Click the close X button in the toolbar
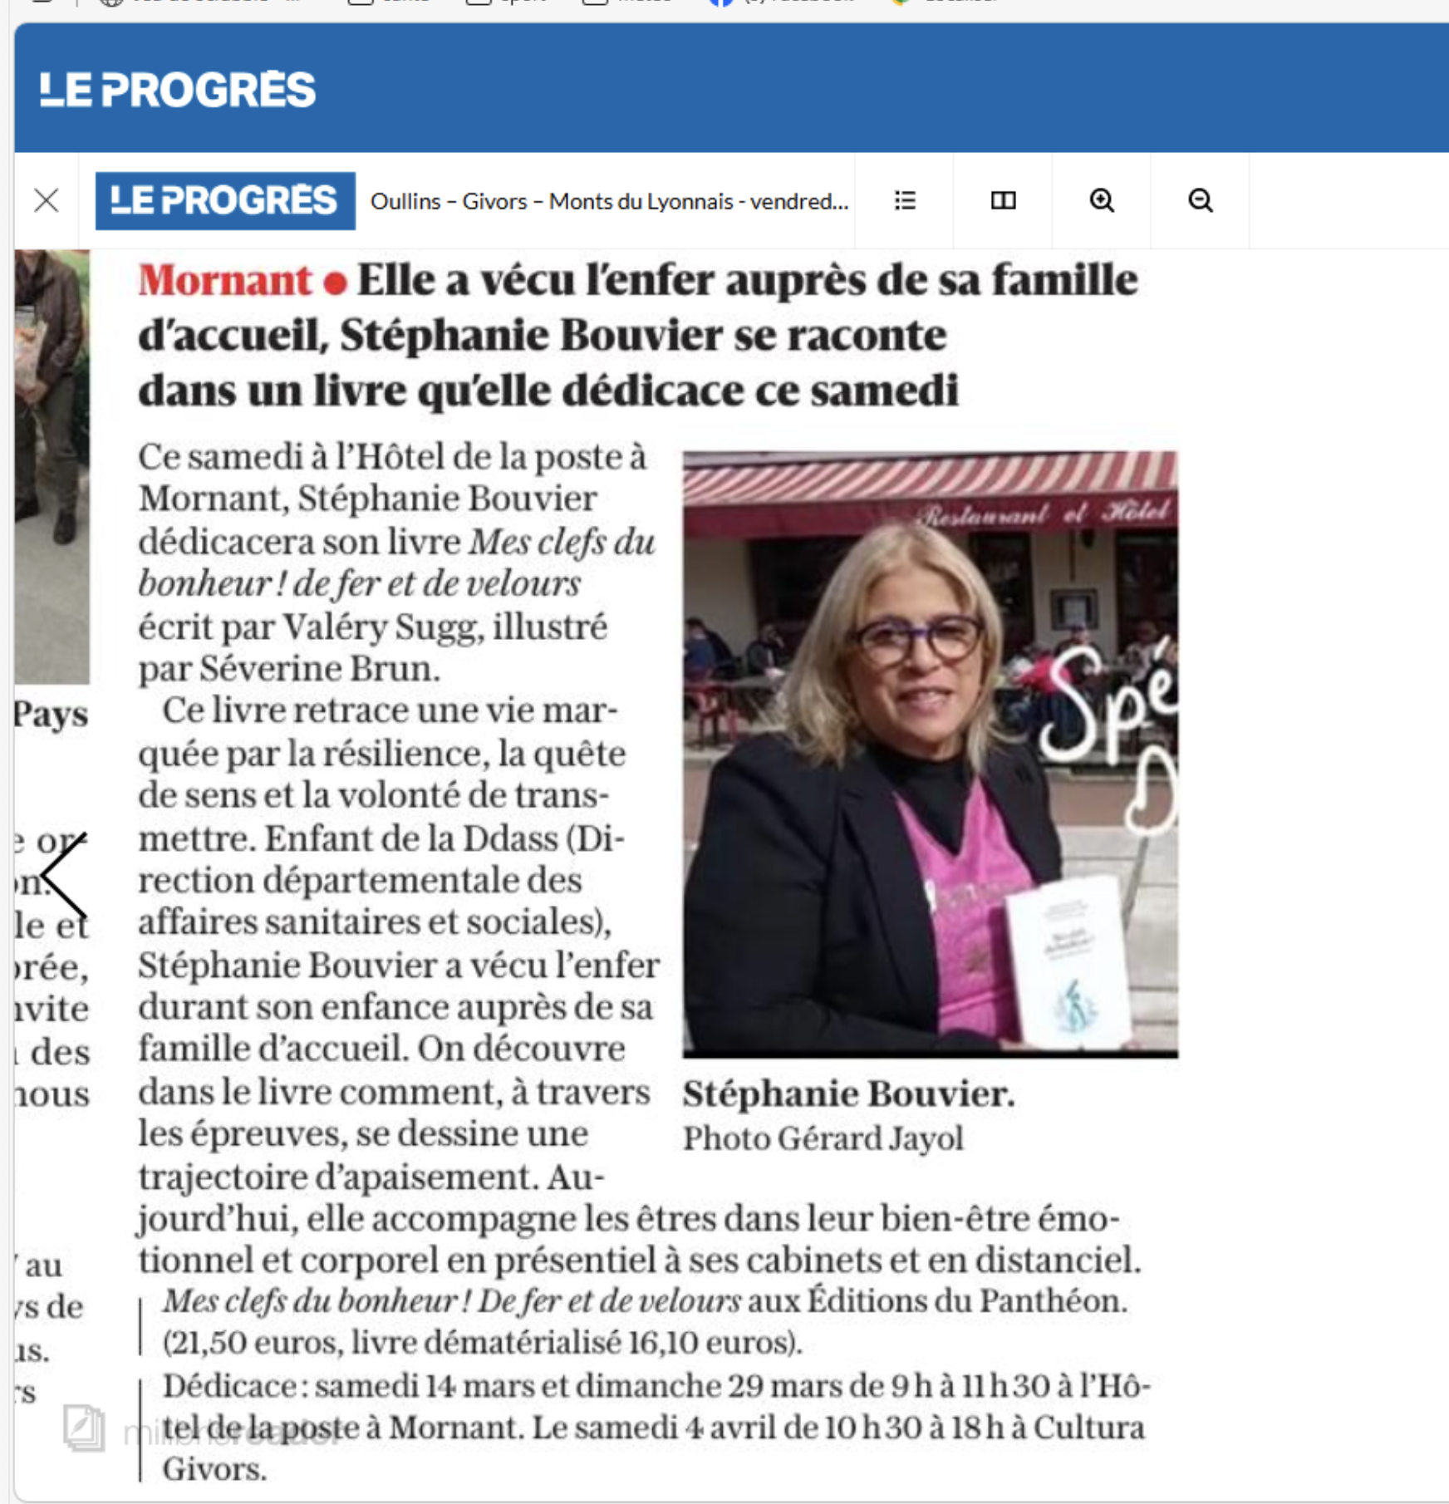(47, 200)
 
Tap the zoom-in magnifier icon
(1102, 200)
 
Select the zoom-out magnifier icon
(1200, 200)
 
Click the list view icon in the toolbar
(905, 200)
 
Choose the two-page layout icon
(1003, 200)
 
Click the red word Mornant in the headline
(224, 281)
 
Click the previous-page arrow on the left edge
(65, 875)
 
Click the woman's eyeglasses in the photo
(918, 640)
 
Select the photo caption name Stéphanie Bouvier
(848, 1094)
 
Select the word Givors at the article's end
(214, 1469)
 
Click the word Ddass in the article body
(509, 838)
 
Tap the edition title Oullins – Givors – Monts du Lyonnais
(608, 201)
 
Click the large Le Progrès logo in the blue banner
(178, 90)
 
